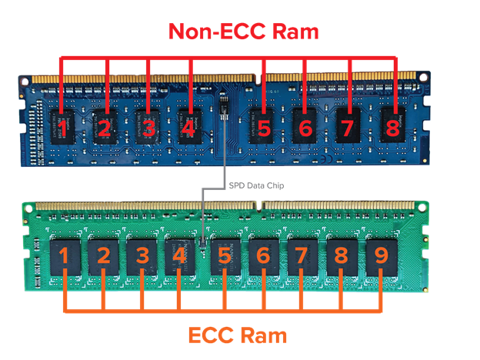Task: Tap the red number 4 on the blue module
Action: pos(188,127)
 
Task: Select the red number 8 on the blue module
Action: pos(393,127)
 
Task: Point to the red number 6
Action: pos(305,128)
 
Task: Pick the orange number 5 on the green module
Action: pos(223,255)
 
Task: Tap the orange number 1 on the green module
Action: pos(65,255)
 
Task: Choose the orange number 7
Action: pos(302,255)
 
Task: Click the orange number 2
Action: pos(103,255)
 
